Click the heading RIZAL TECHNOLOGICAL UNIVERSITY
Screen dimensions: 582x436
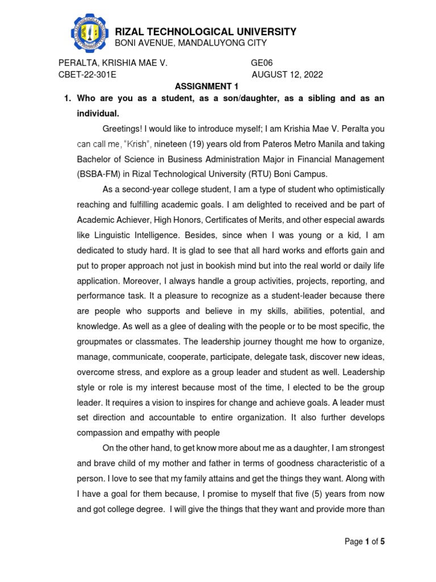[206, 32]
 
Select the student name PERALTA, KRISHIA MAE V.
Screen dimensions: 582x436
[113, 63]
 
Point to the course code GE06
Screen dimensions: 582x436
[262, 63]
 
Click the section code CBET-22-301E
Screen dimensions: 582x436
[88, 75]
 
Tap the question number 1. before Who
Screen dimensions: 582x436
[66, 99]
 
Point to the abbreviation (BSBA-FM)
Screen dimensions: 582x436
[100, 174]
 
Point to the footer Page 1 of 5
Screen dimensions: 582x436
[365, 542]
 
